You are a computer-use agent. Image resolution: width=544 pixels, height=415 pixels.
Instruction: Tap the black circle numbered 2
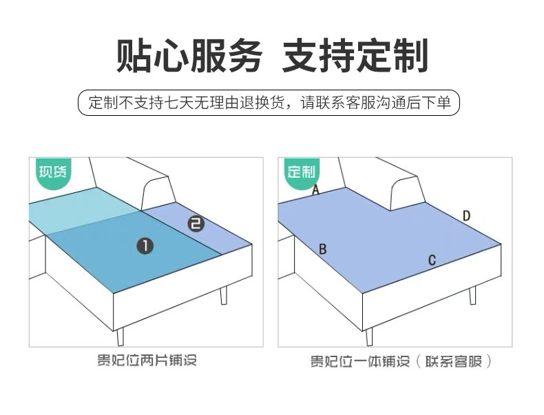pyautogui.click(x=196, y=223)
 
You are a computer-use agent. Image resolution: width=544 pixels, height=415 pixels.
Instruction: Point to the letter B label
pyautogui.click(x=322, y=249)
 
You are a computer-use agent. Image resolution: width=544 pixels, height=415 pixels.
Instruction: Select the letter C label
pyautogui.click(x=432, y=260)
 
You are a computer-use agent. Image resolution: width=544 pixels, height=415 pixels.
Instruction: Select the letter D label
pyautogui.click(x=466, y=216)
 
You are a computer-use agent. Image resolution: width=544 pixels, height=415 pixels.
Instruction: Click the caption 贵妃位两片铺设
pyautogui.click(x=146, y=361)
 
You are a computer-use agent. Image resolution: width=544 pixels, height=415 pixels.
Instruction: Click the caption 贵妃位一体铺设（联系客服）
pyautogui.click(x=401, y=362)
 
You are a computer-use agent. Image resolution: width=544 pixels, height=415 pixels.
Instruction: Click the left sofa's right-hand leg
pyautogui.click(x=222, y=294)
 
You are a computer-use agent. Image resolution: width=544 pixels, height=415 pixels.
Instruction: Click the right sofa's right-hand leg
pyautogui.click(x=472, y=294)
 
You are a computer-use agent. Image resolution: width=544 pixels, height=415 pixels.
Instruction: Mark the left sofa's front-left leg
pyautogui.click(x=121, y=336)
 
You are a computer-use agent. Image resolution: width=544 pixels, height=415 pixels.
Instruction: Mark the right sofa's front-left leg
pyautogui.click(x=370, y=336)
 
